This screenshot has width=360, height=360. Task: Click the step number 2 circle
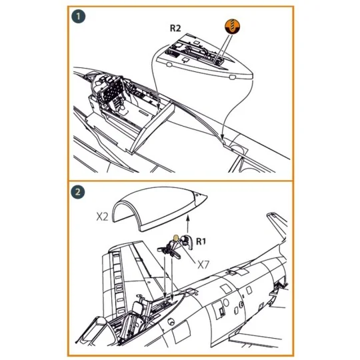coord(79,193)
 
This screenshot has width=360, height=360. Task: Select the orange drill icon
coord(231,27)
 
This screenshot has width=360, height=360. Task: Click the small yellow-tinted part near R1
coord(176,237)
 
